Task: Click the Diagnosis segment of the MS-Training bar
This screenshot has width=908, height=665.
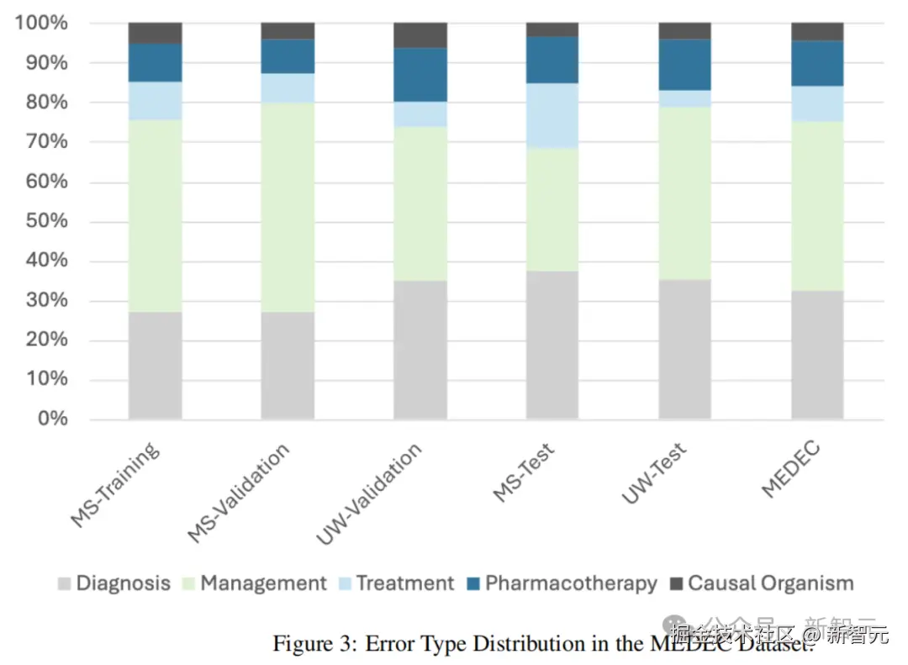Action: click(155, 366)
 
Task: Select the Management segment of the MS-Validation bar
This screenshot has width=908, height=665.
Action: click(288, 207)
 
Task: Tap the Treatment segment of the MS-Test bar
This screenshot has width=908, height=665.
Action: click(552, 116)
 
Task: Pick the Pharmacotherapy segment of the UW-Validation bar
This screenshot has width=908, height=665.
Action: click(420, 75)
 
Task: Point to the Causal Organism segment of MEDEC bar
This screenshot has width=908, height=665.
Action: click(817, 32)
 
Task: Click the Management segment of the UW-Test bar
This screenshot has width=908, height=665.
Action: click(684, 193)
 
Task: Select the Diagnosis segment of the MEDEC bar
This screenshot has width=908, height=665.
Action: click(817, 355)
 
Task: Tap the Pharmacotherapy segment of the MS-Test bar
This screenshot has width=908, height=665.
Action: click(552, 60)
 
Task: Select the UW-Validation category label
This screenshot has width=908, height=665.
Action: click(370, 494)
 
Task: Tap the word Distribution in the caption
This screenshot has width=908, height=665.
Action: click(517, 644)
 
